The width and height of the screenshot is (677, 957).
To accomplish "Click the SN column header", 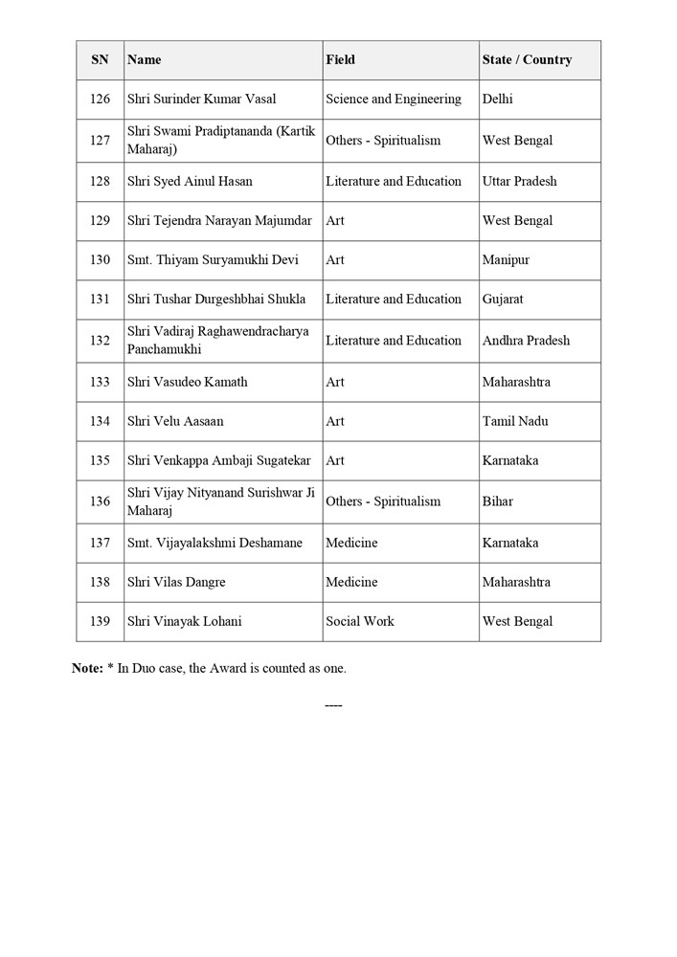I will click(x=100, y=59).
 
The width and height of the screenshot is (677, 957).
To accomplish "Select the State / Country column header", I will click(x=527, y=59).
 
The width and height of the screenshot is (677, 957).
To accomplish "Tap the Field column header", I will click(x=340, y=59).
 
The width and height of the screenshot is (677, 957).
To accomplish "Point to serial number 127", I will click(x=100, y=140).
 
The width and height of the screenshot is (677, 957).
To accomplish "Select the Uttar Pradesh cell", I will click(x=519, y=181).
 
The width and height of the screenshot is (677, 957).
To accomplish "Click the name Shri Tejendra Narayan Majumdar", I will click(x=219, y=220).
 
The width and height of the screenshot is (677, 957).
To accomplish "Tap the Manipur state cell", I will click(x=506, y=259).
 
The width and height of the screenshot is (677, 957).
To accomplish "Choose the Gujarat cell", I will click(x=503, y=299).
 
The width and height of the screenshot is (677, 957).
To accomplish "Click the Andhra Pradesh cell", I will click(x=526, y=340).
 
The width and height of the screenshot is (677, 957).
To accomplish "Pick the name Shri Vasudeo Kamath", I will click(x=187, y=381).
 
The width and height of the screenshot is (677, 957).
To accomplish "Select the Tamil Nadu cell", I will click(x=515, y=420).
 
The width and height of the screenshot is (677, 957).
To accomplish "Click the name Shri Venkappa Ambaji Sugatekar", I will click(x=218, y=459).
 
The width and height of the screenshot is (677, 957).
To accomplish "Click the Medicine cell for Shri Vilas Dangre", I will click(x=351, y=581).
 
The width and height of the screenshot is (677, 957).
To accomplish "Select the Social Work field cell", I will click(x=359, y=620).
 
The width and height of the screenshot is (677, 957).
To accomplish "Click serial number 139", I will click(x=100, y=620).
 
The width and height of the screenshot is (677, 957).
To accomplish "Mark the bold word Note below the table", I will click(x=87, y=668).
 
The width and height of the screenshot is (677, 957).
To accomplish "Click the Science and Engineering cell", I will click(x=393, y=99).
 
